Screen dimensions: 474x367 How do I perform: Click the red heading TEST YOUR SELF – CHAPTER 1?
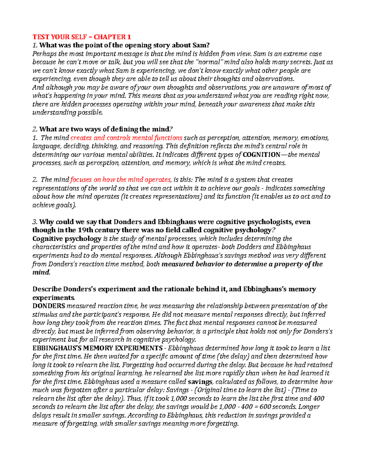[x=82, y=37]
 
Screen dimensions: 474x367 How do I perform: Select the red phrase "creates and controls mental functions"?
[x=126, y=138]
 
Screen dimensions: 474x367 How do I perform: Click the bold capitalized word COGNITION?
[x=261, y=154]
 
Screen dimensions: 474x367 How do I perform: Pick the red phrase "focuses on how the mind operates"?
[x=120, y=179]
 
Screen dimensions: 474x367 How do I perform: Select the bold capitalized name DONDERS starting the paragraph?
[x=49, y=306]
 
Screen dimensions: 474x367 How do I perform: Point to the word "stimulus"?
[x=44, y=314]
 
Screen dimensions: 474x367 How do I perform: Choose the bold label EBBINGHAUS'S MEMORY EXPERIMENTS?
[x=97, y=348]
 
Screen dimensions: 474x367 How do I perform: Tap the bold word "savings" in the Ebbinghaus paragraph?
[x=200, y=382]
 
